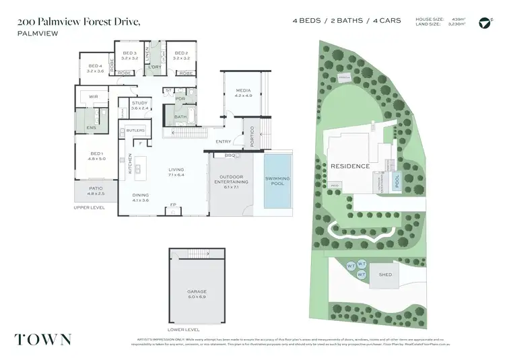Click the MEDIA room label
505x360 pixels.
point(243,91)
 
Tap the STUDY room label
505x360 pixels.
point(139,103)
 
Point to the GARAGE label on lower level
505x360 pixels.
point(196,291)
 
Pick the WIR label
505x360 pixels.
point(94,97)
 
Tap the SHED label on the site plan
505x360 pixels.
point(385,274)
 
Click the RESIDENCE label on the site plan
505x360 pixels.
point(349,166)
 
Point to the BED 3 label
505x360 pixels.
point(130,53)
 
